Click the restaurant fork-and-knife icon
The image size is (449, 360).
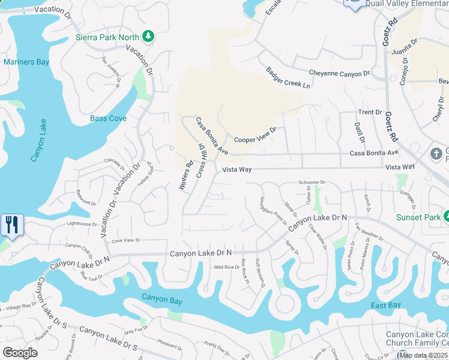coord(12,225)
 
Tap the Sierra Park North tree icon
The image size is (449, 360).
coord(148,37)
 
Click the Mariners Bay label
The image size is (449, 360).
coord(27,62)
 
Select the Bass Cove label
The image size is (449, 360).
coord(108,118)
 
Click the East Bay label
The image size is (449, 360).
coord(385,305)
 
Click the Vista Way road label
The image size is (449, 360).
coord(237,170)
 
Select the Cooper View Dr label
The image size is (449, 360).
coord(255,135)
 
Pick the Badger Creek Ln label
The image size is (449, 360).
coord(288,79)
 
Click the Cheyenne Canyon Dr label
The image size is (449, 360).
coord(339,73)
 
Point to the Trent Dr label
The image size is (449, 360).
coord(370,112)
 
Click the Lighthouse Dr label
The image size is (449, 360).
coord(82,224)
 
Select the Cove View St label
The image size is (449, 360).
coord(125,240)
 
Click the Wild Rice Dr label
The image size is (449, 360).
coord(227,267)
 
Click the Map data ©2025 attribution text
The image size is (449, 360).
coord(423,355)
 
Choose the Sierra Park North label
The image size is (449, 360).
coord(107,37)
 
